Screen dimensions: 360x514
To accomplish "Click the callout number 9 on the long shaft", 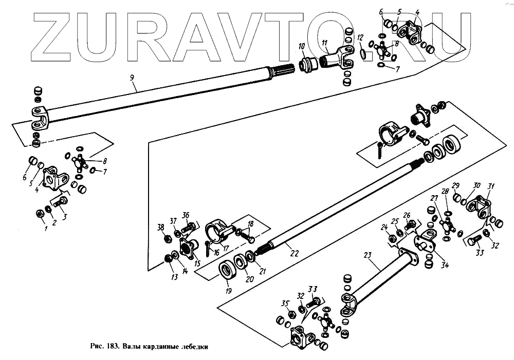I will (132, 78).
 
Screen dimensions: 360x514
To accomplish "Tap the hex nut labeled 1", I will (40, 213).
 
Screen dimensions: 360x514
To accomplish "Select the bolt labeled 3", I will (60, 202).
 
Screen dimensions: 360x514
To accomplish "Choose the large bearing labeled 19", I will (227, 270).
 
